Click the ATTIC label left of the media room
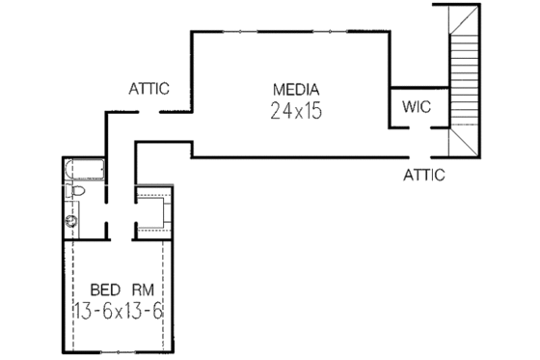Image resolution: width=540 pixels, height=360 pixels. tap(149, 90)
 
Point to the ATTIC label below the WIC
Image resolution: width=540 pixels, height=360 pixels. tap(424, 176)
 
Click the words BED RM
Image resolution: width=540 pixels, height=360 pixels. tap(115, 290)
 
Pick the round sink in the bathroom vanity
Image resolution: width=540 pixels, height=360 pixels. tap(71, 221)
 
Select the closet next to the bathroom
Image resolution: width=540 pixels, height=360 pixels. tap(152, 208)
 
